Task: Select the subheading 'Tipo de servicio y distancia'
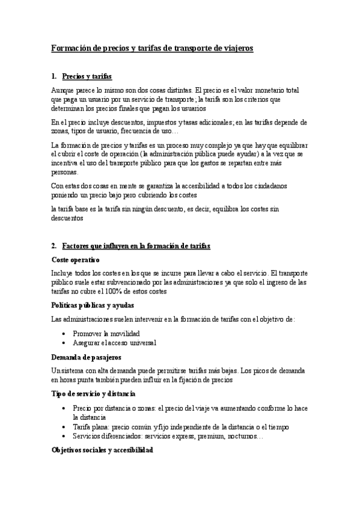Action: [x=93, y=393]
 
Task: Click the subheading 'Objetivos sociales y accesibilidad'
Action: [x=102, y=449]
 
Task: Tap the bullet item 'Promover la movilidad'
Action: [x=106, y=333]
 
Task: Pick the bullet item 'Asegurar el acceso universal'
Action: [x=114, y=342]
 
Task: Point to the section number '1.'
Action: [x=55, y=76]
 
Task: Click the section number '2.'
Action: [x=55, y=246]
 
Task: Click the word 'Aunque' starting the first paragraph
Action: [x=63, y=90]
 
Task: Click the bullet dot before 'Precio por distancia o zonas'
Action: [x=64, y=408]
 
